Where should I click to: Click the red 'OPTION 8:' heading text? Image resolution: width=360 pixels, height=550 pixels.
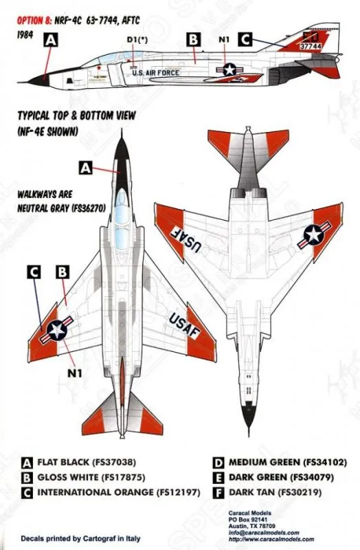[34, 21]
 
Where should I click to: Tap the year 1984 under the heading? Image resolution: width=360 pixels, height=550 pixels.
[25, 35]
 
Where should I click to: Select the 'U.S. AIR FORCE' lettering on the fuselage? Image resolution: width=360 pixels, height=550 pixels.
[156, 73]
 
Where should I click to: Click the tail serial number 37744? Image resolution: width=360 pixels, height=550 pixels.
[311, 46]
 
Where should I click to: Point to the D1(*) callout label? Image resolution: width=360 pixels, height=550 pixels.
[137, 40]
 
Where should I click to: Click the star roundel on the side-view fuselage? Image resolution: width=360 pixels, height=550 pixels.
[229, 69]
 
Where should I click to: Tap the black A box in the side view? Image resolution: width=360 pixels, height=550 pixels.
[51, 40]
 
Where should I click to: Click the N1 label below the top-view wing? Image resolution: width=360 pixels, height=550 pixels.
[74, 373]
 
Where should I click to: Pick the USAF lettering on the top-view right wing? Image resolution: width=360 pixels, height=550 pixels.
[184, 326]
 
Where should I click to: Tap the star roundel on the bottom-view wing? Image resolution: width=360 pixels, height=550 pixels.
[314, 235]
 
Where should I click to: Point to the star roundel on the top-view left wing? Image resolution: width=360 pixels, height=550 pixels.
[57, 330]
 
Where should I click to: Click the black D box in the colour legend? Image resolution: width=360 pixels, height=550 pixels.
[218, 463]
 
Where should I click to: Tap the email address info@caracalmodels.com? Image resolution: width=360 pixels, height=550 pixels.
[264, 532]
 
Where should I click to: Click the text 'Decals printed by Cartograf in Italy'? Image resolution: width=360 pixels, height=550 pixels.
[80, 538]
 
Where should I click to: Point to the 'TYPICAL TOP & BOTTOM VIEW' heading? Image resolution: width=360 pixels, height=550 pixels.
[77, 115]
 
